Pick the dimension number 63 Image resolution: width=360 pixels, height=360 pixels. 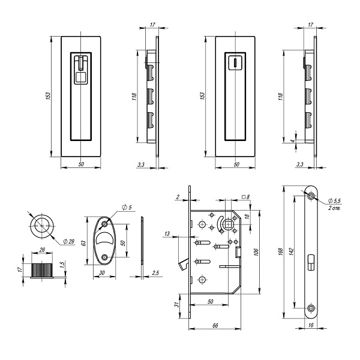tap(85, 241)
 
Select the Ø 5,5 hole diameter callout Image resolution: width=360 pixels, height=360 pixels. tap(337, 200)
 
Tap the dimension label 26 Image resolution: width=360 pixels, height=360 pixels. tap(41, 252)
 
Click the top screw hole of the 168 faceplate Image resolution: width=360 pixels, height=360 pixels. tap(311, 197)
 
